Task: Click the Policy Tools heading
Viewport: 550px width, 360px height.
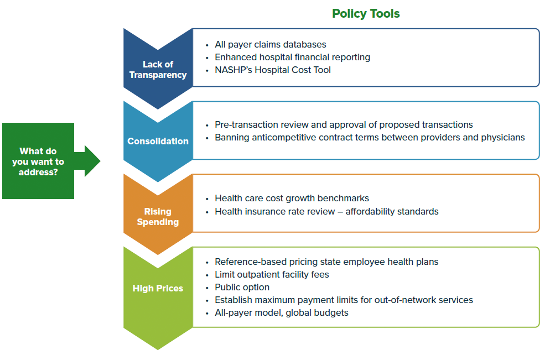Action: click(366, 14)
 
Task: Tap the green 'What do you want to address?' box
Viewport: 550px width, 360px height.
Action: click(38, 161)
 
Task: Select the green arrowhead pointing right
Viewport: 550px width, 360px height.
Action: click(92, 161)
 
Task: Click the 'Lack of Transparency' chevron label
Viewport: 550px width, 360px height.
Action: click(158, 70)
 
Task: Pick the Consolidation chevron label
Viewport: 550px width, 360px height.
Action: click(158, 141)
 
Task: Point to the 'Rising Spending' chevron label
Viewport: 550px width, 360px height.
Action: click(158, 217)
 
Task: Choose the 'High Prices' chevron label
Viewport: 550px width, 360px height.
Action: click(158, 288)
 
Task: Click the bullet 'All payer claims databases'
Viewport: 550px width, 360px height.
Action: click(270, 44)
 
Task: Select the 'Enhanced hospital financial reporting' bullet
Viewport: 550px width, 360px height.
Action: click(292, 57)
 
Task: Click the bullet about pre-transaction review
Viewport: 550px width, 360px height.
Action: click(344, 124)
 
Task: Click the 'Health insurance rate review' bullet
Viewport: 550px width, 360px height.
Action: click(326, 211)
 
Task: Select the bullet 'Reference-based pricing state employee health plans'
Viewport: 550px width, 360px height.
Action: click(326, 262)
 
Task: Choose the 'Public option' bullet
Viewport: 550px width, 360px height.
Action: click(242, 287)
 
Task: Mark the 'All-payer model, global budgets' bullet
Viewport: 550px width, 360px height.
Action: click(281, 312)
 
